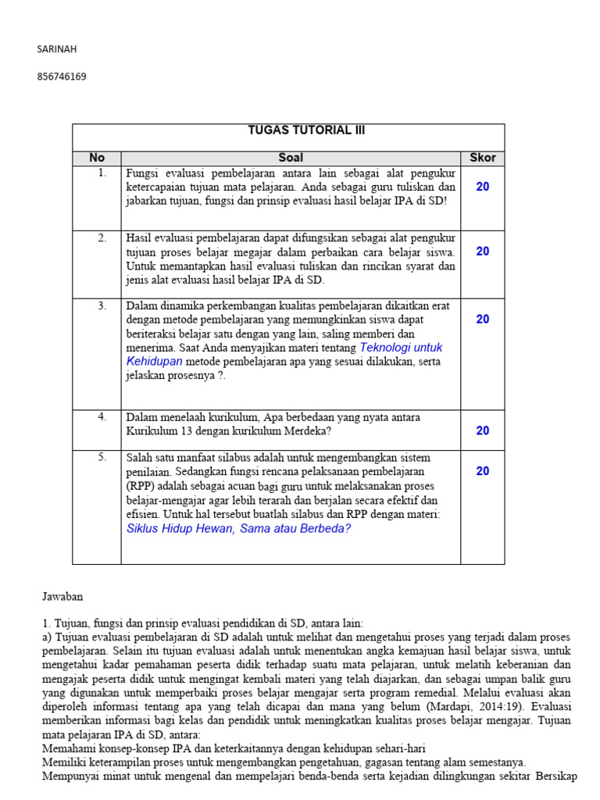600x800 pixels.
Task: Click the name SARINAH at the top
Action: [57, 49]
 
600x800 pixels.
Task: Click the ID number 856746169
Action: [62, 77]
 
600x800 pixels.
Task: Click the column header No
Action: [96, 158]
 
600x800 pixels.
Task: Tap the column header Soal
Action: [291, 158]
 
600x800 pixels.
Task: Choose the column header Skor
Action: [482, 158]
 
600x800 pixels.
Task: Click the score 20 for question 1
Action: [482, 187]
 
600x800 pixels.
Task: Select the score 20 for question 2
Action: [482, 251]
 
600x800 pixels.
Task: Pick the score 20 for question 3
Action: [482, 319]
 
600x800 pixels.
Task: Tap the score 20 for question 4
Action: [482, 430]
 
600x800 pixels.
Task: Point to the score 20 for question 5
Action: [482, 470]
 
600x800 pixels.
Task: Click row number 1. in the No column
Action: [102, 173]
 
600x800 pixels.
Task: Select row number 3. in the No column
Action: [102, 305]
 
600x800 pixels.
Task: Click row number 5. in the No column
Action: [102, 457]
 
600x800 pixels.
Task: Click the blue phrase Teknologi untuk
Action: [400, 348]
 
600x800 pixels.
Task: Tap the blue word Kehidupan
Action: [154, 362]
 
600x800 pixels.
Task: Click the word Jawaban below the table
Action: [61, 596]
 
